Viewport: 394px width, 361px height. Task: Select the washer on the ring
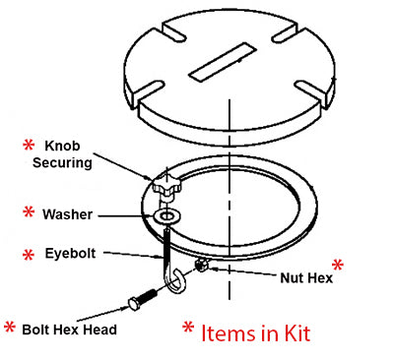coord(167,216)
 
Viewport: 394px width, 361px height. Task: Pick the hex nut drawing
coord(201,265)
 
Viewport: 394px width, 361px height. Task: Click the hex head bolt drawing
coord(143,298)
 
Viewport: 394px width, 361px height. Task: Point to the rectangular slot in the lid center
coord(223,62)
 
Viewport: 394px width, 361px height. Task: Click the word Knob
coord(62,146)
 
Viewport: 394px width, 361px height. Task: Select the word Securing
coord(62,162)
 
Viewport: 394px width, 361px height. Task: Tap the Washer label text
coord(67,214)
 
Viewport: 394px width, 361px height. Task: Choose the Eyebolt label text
coord(70,254)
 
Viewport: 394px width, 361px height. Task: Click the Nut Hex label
coord(306,278)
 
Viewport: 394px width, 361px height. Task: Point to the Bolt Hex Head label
coord(69,330)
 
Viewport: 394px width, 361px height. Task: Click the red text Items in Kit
coord(255,333)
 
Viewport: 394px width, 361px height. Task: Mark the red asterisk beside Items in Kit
coord(188,327)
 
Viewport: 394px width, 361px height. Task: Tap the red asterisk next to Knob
coord(29,145)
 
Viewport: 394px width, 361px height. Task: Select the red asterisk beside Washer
coord(29,212)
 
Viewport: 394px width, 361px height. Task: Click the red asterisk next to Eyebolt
coord(29,255)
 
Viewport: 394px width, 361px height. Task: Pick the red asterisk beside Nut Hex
coord(338,265)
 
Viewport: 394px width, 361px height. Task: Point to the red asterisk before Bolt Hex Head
coord(10,327)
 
